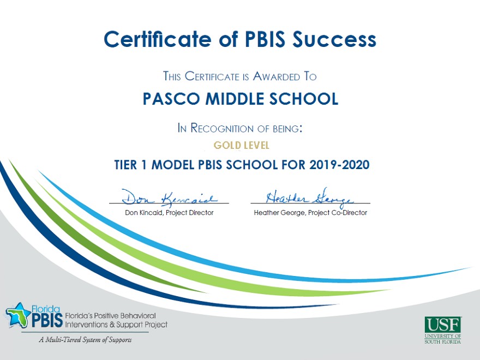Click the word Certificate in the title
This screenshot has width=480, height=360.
158,39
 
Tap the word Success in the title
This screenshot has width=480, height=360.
334,39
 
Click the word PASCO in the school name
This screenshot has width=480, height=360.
171,99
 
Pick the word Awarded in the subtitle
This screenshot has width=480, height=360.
276,76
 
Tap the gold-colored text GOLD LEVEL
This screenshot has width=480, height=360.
241,145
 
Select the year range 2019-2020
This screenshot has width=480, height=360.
339,165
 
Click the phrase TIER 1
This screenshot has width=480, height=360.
130,165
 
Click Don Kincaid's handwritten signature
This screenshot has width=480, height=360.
170,197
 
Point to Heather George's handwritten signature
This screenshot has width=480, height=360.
310,197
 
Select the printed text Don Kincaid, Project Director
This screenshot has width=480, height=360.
169,212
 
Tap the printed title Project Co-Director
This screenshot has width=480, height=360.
337,212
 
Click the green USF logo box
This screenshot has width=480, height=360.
443,325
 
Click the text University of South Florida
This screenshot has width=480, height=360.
443,339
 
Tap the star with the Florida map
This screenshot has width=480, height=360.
18,315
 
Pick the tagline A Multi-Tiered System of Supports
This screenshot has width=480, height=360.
86,340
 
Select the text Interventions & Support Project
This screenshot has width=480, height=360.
116,325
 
